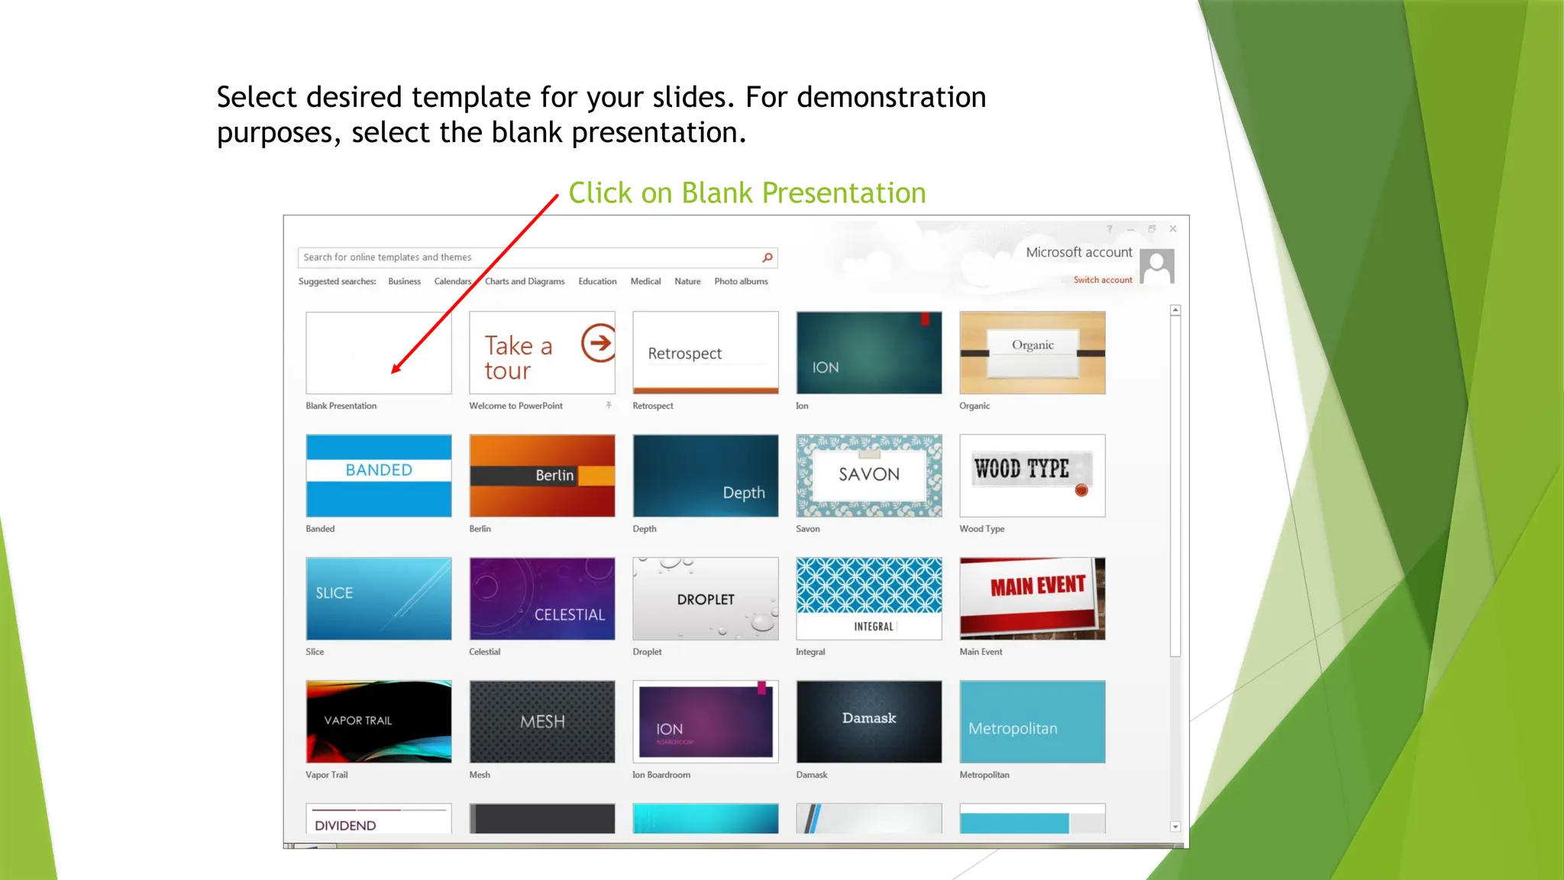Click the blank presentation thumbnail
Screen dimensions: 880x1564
378,352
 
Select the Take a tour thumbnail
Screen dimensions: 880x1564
541,352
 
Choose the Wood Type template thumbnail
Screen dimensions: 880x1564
1032,475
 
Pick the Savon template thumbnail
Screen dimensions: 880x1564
868,475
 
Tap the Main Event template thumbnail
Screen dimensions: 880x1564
1032,598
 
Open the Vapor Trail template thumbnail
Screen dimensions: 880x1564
378,721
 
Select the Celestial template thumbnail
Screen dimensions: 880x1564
541,598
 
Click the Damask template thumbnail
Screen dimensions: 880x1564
868,721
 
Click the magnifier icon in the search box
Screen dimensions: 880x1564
767,257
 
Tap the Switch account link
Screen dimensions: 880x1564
1103,280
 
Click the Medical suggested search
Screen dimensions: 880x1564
645,281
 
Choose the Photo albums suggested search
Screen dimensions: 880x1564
741,281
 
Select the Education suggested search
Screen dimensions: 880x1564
597,281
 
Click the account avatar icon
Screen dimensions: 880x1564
1157,266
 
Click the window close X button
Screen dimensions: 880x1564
1173,228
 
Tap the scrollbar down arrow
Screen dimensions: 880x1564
1175,827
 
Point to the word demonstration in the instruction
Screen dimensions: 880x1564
891,98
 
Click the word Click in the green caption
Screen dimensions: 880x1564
600,193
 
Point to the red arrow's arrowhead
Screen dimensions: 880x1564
395,370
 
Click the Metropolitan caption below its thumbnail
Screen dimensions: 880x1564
984,775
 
